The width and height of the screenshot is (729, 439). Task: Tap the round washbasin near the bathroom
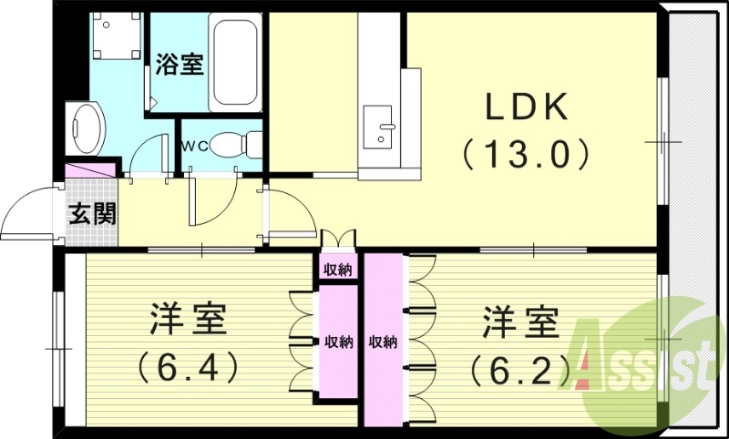point(88,127)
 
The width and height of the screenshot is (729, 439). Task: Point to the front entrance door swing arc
point(27,214)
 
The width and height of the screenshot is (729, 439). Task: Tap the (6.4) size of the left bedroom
point(190,366)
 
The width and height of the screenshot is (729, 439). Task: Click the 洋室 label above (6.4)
point(189,321)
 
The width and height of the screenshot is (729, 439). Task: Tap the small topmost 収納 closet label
point(335,270)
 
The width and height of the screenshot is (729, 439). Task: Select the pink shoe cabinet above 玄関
point(91,171)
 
